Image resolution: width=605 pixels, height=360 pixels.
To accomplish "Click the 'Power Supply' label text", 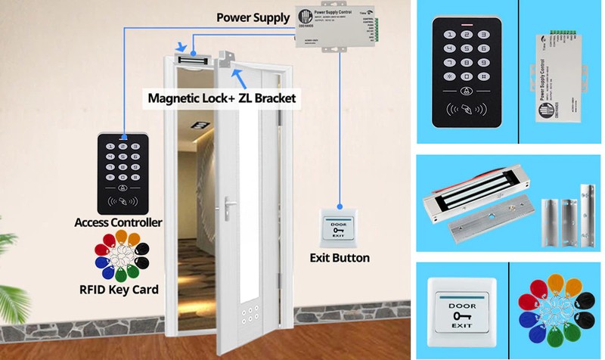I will point(252,17).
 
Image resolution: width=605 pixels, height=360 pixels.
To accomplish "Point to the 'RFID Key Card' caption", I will point(118,289).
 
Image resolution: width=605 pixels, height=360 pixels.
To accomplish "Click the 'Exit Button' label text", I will point(340,258).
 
